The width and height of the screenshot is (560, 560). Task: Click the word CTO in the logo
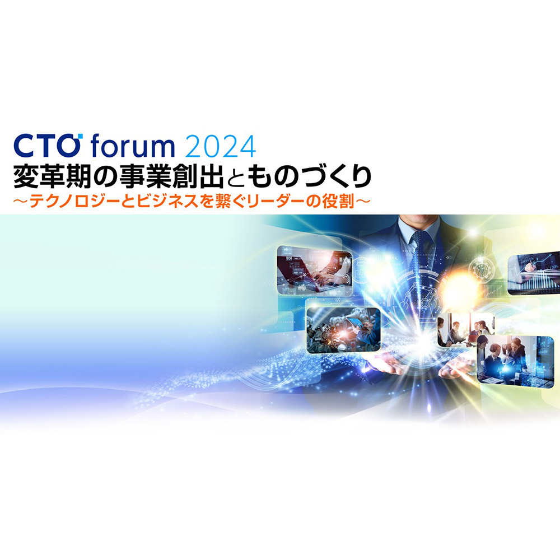(46, 146)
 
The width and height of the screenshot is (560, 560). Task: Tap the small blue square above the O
(80, 136)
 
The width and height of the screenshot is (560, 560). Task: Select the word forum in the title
(133, 146)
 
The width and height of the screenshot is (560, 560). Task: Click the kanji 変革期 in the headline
(52, 177)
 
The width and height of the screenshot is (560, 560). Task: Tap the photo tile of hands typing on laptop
(314, 270)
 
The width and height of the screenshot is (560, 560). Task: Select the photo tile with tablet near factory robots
(343, 330)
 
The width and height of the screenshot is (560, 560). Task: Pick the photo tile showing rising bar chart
(534, 273)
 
